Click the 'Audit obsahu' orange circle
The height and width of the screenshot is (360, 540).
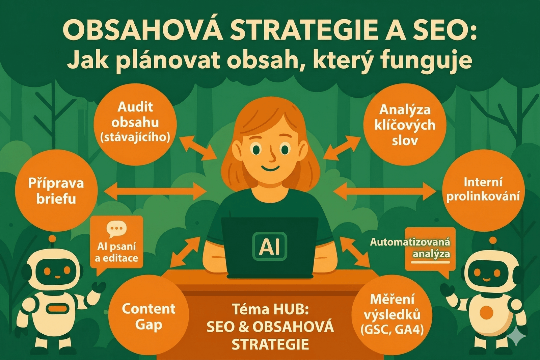point(135,124)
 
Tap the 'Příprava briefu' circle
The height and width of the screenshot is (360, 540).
point(56,191)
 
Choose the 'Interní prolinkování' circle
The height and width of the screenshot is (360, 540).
point(483,190)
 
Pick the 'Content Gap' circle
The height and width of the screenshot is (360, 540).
point(148,316)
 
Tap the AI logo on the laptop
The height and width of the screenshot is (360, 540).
point(269,246)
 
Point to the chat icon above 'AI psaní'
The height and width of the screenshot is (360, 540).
point(116,229)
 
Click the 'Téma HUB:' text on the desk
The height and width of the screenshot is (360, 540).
point(270,309)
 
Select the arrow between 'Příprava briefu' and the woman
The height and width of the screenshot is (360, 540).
point(155,191)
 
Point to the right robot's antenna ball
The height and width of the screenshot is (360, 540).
point(493,241)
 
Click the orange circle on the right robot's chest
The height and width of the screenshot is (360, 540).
point(487,312)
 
